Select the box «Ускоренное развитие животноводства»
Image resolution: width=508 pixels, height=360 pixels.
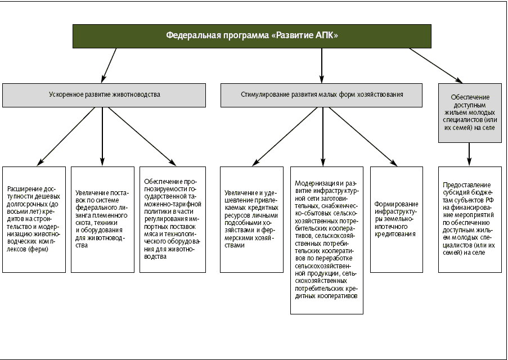pyautogui.click(x=104, y=95)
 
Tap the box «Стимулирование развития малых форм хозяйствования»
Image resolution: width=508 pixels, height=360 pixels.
pyautogui.click(x=321, y=95)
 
